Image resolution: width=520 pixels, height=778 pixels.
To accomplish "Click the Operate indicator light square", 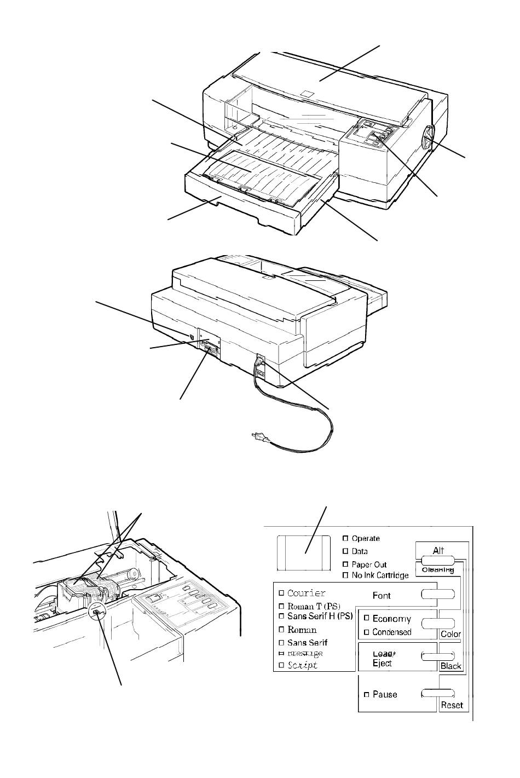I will tap(345, 538).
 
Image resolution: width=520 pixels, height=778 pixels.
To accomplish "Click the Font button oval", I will tap(438, 595).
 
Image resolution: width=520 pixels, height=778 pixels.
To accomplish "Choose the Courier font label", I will tap(307, 593).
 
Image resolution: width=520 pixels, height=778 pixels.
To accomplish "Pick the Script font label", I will tap(302, 665).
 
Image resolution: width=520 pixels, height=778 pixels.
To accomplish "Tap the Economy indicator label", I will tap(391, 619).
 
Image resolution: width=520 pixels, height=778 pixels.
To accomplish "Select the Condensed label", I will tap(392, 632).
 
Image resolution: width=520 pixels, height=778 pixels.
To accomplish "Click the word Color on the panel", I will tap(450, 634).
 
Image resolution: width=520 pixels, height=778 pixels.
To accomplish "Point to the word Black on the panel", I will tap(450, 666).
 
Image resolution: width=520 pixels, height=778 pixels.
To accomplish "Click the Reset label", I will tap(452, 705).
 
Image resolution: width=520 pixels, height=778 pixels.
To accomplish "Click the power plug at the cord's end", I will tap(258, 437).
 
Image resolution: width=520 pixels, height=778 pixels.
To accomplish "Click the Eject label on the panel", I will tap(382, 664).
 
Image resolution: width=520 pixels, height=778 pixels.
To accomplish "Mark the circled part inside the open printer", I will tap(97, 613).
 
